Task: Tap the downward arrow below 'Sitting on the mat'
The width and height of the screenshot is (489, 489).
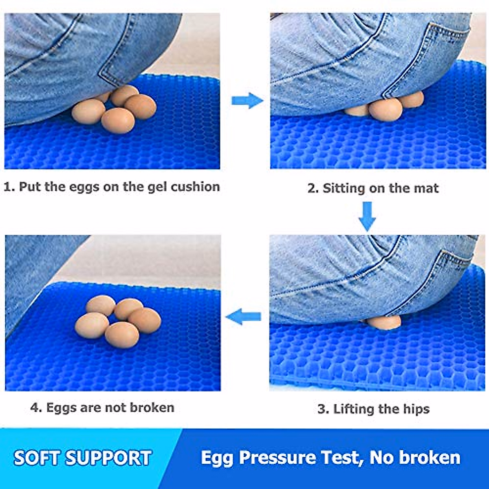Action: tap(367, 216)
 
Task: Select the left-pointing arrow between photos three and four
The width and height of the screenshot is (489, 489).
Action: tap(243, 316)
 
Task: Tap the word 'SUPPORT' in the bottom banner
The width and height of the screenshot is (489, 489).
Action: tap(109, 458)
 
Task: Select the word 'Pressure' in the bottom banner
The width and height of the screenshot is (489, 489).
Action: tap(277, 458)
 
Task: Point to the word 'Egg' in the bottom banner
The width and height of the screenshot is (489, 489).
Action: tap(217, 458)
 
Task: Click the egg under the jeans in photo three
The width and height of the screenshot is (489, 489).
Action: tap(383, 322)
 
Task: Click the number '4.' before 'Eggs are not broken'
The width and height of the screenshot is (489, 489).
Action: tap(36, 407)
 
